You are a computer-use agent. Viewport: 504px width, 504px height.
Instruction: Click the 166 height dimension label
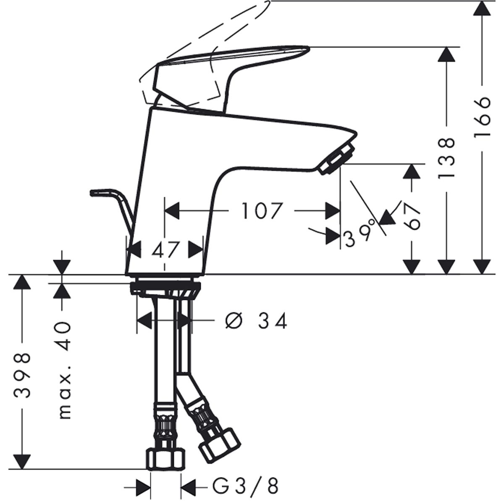tap(481, 117)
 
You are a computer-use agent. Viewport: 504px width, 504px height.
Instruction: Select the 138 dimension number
tap(447, 158)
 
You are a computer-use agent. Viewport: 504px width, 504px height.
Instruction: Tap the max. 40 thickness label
tap(65, 371)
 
